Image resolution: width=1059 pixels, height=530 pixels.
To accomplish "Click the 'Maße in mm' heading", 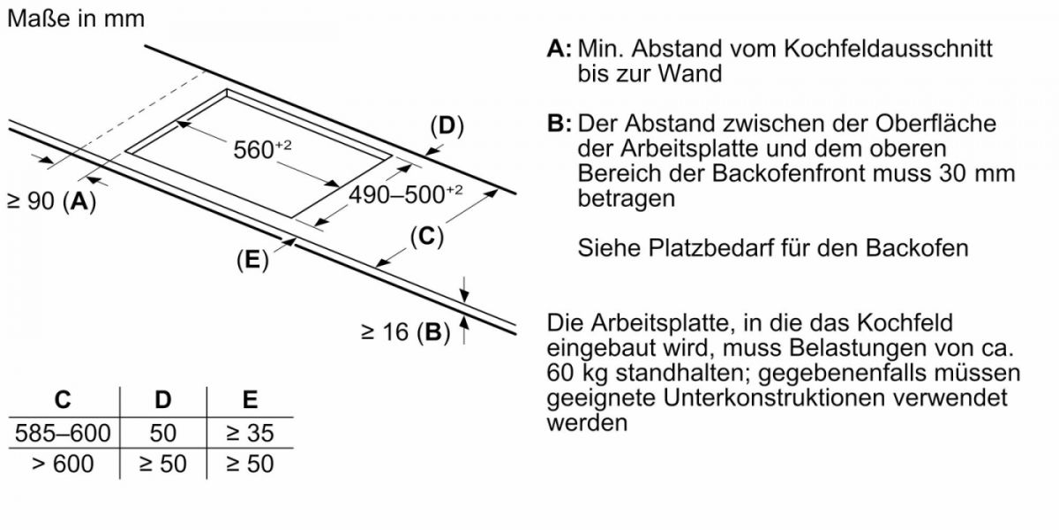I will tap(75, 19).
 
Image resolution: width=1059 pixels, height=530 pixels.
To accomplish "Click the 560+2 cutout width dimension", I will tap(261, 149).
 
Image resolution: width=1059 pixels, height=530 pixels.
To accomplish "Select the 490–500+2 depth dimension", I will tap(406, 194).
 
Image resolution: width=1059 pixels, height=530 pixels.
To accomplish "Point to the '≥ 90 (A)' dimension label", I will tap(51, 201).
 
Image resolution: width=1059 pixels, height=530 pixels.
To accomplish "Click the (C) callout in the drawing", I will tap(426, 237).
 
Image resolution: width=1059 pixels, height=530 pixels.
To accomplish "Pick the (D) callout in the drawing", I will tap(447, 126).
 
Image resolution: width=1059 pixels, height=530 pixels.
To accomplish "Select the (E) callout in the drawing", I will tap(252, 261).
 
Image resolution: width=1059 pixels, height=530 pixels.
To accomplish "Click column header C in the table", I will tap(63, 399).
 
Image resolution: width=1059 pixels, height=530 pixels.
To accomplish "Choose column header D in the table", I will tap(163, 399).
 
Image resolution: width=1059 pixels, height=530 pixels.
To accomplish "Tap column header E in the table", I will tap(250, 399).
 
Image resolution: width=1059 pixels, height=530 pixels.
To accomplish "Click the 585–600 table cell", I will tap(63, 433).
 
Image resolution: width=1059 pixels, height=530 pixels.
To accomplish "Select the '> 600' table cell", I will tap(63, 463).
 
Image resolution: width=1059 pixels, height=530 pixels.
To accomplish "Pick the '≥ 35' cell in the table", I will tap(250, 433).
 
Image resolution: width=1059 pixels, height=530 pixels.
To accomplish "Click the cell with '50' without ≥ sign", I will tap(163, 433).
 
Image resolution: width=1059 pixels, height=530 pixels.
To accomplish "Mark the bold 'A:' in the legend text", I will tap(560, 49).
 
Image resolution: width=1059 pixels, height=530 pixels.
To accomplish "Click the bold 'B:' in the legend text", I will tap(560, 124).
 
